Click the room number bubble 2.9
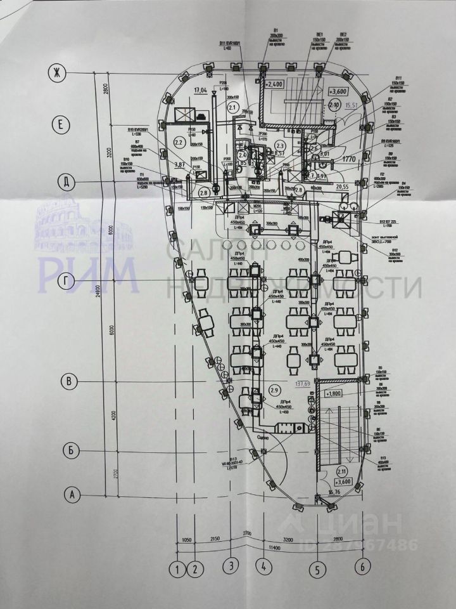point(274,390)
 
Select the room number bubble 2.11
point(341,471)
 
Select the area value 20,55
point(343,187)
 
